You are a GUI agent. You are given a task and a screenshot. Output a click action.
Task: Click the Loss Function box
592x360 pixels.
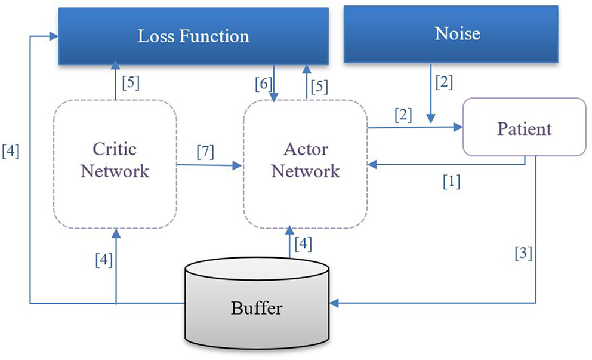coord(193,36)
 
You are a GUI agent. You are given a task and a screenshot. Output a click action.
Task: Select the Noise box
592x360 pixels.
coord(457,34)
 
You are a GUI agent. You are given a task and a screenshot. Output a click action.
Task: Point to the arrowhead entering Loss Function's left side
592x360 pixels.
coord(54,36)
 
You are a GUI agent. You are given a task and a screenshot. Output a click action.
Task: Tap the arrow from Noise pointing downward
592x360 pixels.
coord(431,96)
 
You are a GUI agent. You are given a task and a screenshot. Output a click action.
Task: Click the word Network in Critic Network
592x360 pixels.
coord(115,172)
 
